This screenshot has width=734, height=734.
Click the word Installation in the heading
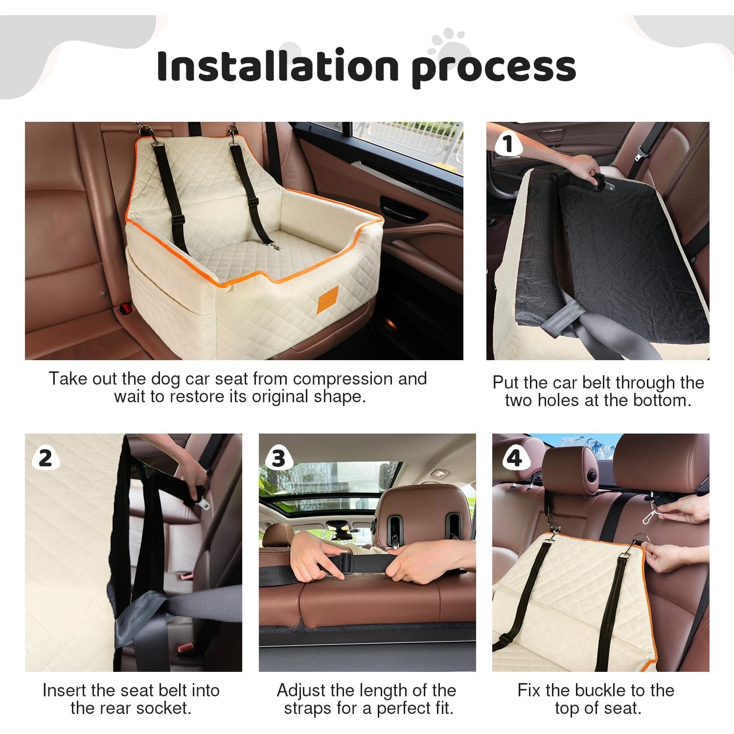pos(276,66)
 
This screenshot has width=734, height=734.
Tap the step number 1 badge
pos(507,144)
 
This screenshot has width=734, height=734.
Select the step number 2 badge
pos(45,458)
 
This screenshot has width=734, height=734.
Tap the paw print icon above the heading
pos(446,42)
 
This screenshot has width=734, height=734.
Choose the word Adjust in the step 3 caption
pos(301,690)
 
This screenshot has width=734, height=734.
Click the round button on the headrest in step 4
pos(594,475)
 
